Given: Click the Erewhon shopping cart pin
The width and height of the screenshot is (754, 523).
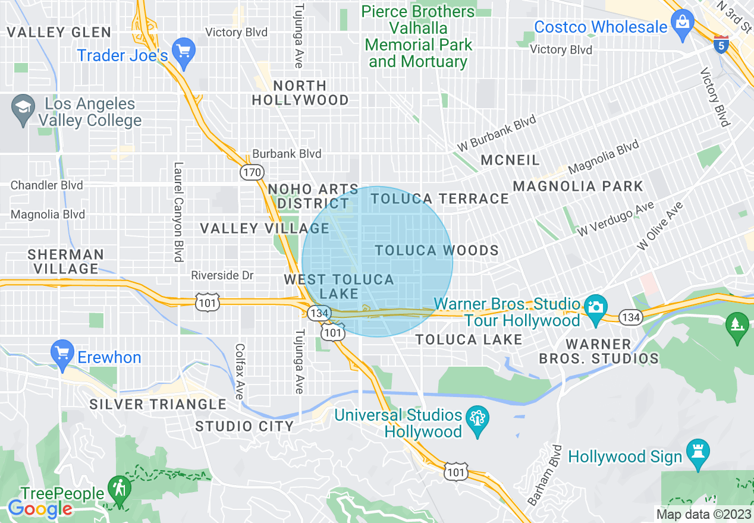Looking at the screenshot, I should pos(62,352).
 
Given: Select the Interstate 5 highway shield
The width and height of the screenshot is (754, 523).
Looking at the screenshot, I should pos(721,45).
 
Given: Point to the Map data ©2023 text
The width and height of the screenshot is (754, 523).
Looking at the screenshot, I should pos(703,514).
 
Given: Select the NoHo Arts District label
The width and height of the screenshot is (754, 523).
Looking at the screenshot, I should pos(313,196).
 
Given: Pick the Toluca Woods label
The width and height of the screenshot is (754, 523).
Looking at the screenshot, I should pos(436,250).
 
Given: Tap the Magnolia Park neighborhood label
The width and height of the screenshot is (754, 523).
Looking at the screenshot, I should pos(577,186).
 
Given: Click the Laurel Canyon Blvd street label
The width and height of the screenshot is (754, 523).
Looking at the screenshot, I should pos(177,212).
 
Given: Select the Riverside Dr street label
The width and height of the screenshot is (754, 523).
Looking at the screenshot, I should pos(222,275).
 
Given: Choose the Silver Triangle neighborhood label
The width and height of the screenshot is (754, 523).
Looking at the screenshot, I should pos(158,405).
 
